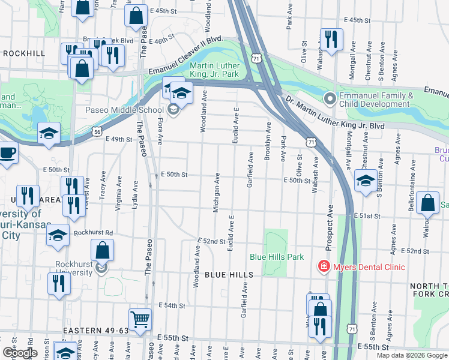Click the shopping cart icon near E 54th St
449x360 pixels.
click(140, 320)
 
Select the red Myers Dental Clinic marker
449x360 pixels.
click(324, 266)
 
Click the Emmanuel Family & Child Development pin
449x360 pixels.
click(330, 98)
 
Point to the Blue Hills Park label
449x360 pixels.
click(277, 257)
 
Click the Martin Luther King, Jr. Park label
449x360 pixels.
click(214, 70)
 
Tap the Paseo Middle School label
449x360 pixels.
click(124, 110)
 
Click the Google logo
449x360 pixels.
click(19, 353)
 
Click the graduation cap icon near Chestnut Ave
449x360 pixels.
click(366, 181)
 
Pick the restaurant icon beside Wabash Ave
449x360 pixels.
click(331, 40)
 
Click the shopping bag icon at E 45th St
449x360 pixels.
click(136, 16)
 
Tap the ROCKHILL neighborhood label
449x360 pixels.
click(24, 53)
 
